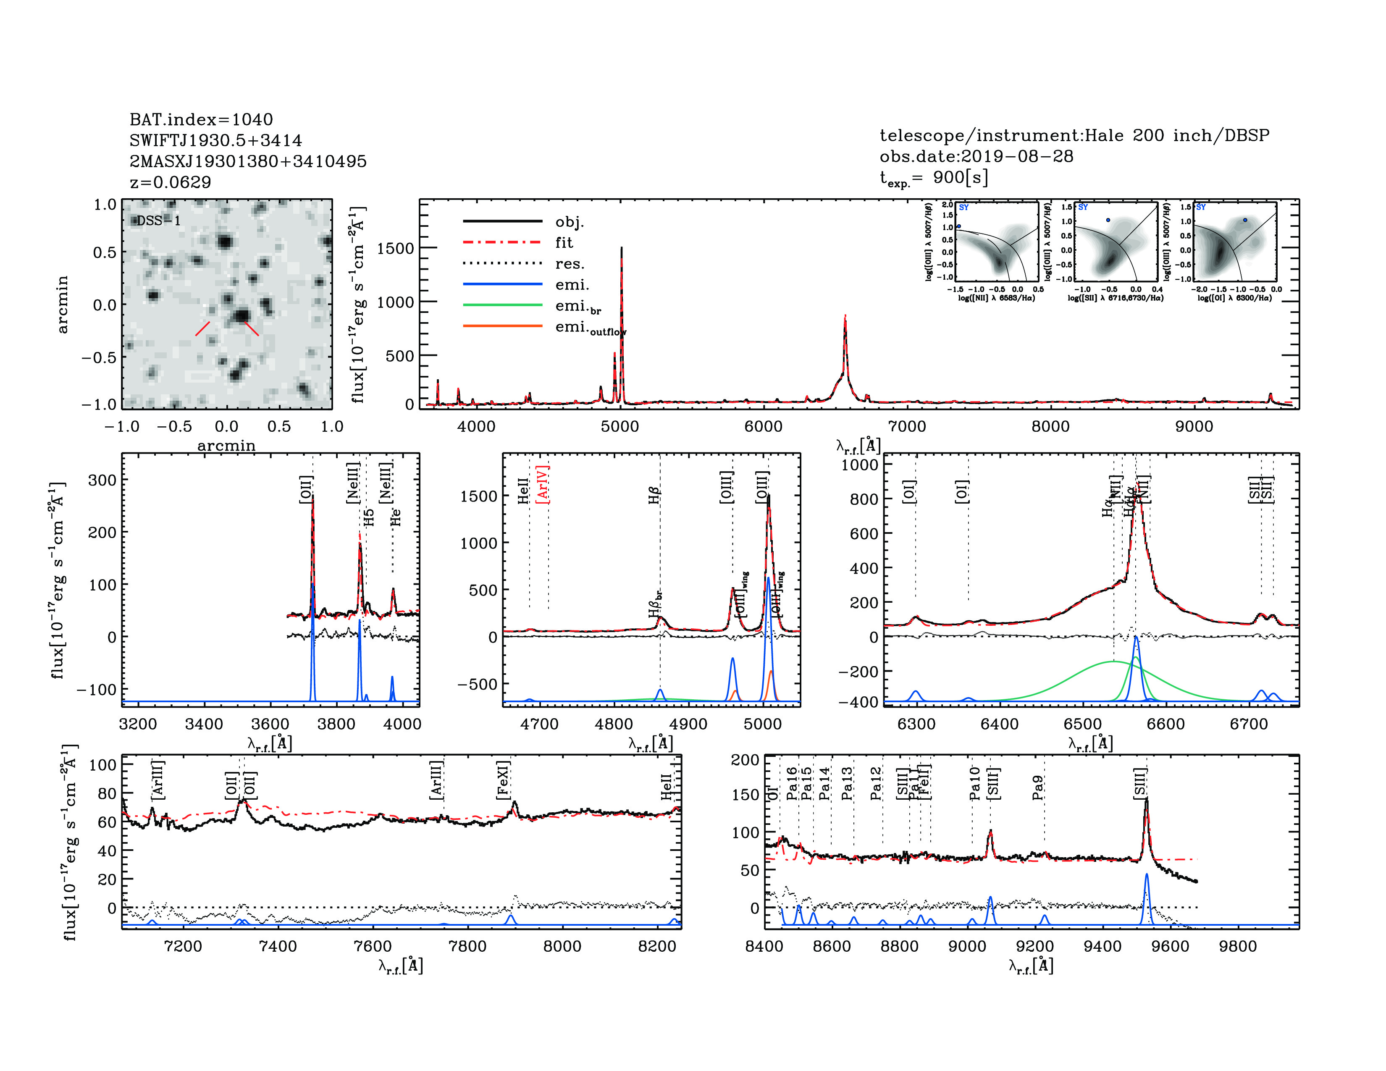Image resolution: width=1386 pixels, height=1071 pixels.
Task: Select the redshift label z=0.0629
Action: [x=170, y=182]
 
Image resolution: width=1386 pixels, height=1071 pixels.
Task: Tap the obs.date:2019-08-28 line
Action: [x=976, y=156]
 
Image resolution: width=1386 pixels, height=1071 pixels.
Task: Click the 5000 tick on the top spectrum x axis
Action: [x=619, y=426]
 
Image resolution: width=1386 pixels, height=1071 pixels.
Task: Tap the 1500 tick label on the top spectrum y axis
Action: [x=395, y=248]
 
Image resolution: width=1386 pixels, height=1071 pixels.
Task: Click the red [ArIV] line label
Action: [x=543, y=484]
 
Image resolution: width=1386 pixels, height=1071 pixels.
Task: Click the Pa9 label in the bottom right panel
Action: [x=1037, y=787]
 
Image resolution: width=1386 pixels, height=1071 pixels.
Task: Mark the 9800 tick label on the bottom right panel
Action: [x=1237, y=946]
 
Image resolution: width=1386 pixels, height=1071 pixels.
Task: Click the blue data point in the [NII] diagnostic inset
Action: [x=958, y=226]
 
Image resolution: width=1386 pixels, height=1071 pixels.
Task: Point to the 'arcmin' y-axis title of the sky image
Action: [x=62, y=304]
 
